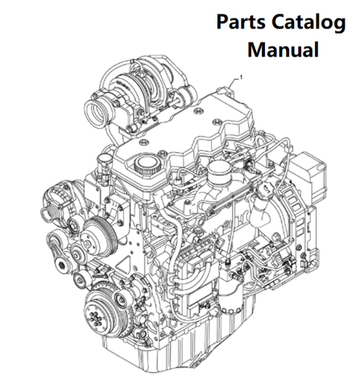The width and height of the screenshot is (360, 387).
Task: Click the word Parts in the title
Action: click(x=241, y=22)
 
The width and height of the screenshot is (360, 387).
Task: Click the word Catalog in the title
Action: click(x=308, y=23)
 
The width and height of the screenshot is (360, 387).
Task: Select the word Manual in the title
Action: click(x=283, y=49)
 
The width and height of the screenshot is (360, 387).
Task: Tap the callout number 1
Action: click(x=241, y=77)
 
